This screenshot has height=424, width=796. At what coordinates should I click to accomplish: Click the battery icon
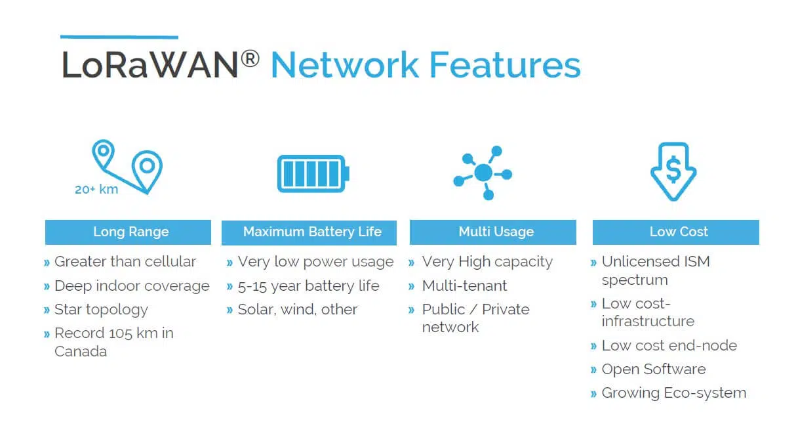pyautogui.click(x=313, y=173)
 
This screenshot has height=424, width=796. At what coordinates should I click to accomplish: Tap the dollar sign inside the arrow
pyautogui.click(x=673, y=170)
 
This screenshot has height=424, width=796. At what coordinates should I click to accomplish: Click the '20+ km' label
pyautogui.click(x=96, y=189)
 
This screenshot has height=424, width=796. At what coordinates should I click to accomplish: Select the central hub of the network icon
pyautogui.click(x=483, y=173)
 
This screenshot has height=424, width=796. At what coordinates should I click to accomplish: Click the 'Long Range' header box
pyautogui.click(x=128, y=232)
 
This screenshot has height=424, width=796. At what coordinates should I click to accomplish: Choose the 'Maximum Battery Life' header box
pyautogui.click(x=309, y=232)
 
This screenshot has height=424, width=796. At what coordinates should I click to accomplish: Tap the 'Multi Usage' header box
pyautogui.click(x=493, y=232)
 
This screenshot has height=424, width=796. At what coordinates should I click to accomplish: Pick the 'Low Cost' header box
pyautogui.click(x=676, y=232)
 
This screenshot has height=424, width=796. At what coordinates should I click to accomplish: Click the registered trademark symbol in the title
pyautogui.click(x=250, y=58)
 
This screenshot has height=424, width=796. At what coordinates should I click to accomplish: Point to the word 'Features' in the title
pyautogui.click(x=505, y=65)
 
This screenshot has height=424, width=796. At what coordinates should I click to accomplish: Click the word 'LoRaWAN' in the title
pyautogui.click(x=149, y=64)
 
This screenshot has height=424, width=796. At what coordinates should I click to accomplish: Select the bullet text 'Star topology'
pyautogui.click(x=101, y=310)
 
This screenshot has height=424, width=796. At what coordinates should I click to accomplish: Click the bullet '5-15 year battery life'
pyautogui.click(x=308, y=286)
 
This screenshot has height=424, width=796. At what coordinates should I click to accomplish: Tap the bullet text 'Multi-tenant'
pyautogui.click(x=464, y=286)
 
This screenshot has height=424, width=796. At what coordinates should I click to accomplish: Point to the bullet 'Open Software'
pyautogui.click(x=654, y=370)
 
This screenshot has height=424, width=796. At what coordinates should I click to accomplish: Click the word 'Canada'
pyautogui.click(x=81, y=351)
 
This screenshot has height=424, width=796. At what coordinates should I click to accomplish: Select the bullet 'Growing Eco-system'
pyautogui.click(x=674, y=393)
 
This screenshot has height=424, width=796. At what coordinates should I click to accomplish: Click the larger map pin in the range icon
pyautogui.click(x=147, y=171)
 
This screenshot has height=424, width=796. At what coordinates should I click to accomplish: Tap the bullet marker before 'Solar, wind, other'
pyautogui.click(x=229, y=310)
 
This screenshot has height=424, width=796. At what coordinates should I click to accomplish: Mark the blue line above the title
pyautogui.click(x=119, y=37)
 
